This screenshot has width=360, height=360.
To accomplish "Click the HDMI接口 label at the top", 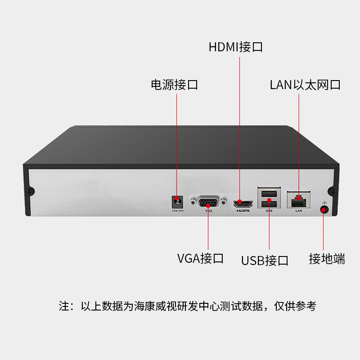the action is (x=235, y=47).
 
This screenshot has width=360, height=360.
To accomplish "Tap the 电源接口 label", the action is (x=174, y=85).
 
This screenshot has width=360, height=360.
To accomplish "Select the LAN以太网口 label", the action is (x=305, y=85).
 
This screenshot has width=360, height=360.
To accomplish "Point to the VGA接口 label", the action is (x=200, y=259).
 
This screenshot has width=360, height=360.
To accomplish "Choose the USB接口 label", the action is (x=265, y=261).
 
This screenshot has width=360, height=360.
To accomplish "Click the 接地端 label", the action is (x=327, y=259).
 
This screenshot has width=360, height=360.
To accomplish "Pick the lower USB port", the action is (x=269, y=204).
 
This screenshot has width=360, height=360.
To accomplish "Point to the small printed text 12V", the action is (x=175, y=210).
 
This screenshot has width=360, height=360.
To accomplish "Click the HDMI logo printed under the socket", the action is (x=243, y=210).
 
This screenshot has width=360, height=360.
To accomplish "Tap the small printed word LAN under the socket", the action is (x=298, y=210).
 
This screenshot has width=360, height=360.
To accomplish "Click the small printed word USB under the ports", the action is (x=269, y=211).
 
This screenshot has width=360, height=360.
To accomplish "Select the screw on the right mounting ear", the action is (x=332, y=191).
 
